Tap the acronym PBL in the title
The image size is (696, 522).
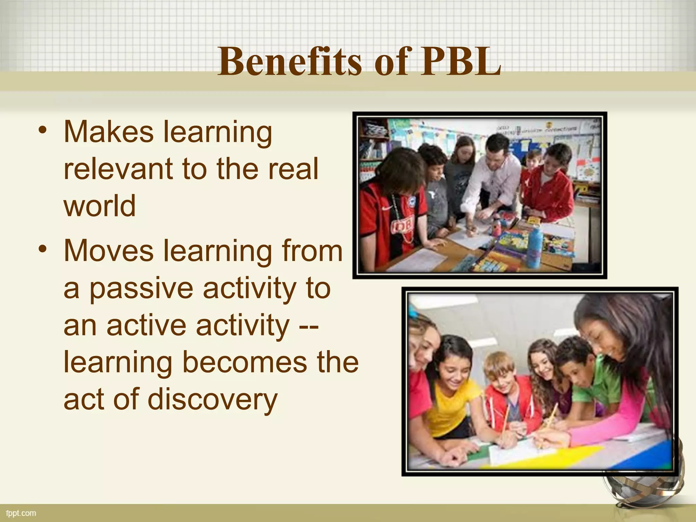(460, 62)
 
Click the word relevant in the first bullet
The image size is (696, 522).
(117, 169)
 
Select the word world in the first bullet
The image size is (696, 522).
(100, 206)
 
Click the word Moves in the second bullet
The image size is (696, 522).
(108, 251)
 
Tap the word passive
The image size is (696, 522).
(141, 289)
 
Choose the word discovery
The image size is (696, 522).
(213, 400)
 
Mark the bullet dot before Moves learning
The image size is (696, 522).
(42, 249)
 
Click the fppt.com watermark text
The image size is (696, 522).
(21, 513)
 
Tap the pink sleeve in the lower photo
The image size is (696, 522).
(612, 425)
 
